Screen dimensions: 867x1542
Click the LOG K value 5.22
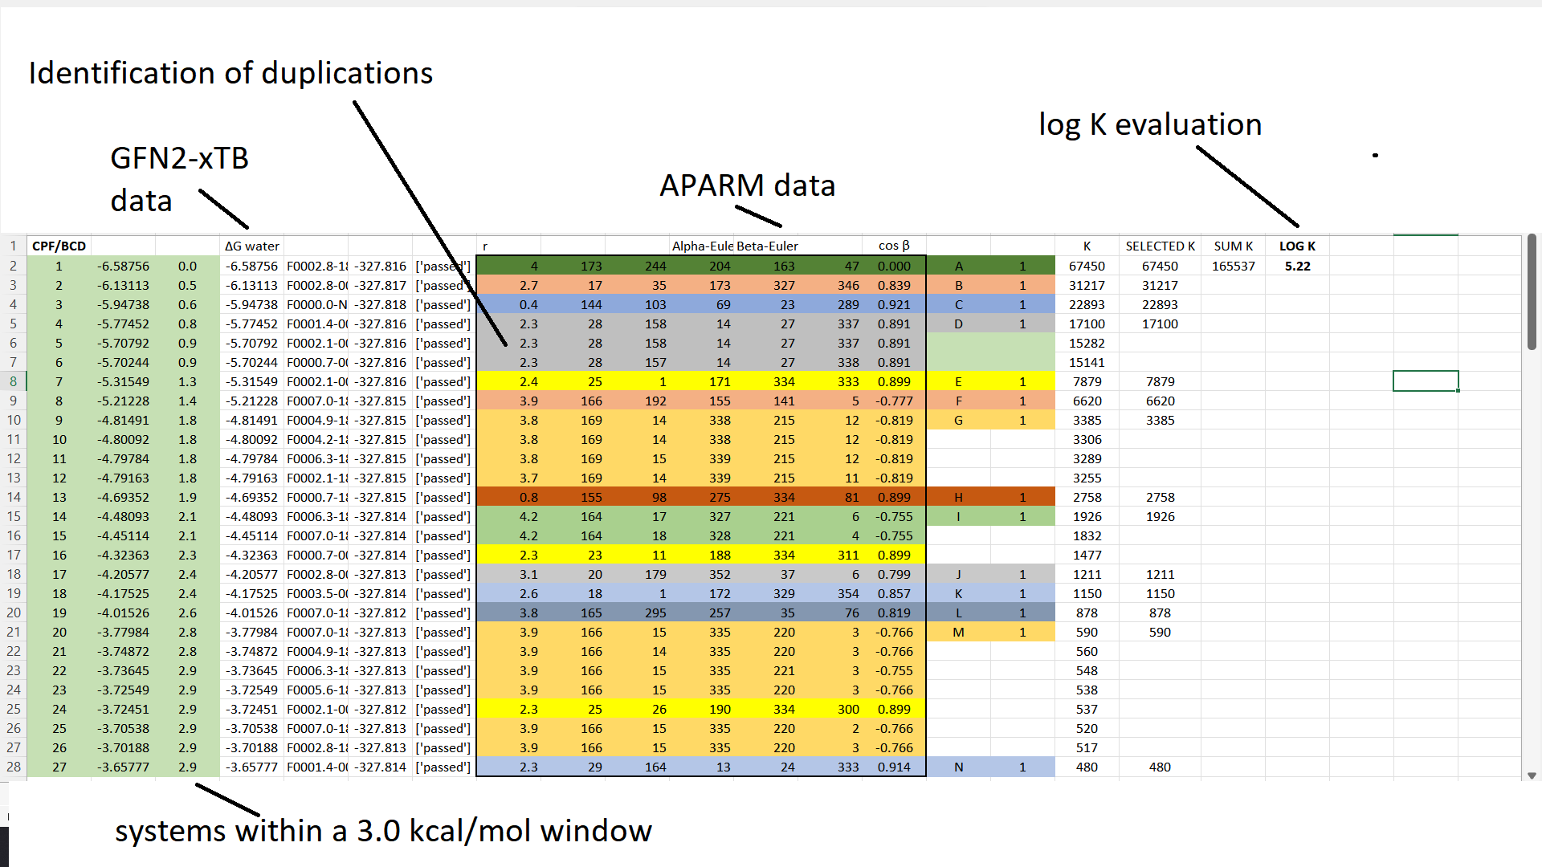click(1297, 267)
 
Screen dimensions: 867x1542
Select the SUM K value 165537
click(1233, 267)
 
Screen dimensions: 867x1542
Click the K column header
click(1087, 246)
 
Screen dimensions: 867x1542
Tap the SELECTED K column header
click(1160, 246)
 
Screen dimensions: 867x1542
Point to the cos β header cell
click(894, 246)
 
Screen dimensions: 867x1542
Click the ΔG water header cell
click(252, 246)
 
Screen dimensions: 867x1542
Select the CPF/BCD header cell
click(59, 246)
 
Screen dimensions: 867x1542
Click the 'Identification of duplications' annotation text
click(230, 73)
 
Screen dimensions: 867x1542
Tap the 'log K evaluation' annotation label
click(1150, 124)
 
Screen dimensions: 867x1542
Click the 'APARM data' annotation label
click(747, 185)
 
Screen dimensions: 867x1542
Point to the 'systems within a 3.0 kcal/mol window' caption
click(383, 831)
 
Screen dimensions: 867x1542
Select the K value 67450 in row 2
click(1087, 267)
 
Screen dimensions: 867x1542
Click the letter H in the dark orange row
click(958, 498)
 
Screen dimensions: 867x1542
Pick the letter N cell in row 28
click(958, 767)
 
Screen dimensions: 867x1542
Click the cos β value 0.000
click(894, 267)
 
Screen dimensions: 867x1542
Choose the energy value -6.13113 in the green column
click(123, 286)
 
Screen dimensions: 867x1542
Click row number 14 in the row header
click(14, 498)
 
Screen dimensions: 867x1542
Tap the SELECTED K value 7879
click(1160, 382)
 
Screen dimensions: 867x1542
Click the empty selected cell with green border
click(1426, 381)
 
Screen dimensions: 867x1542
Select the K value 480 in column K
click(1087, 767)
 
